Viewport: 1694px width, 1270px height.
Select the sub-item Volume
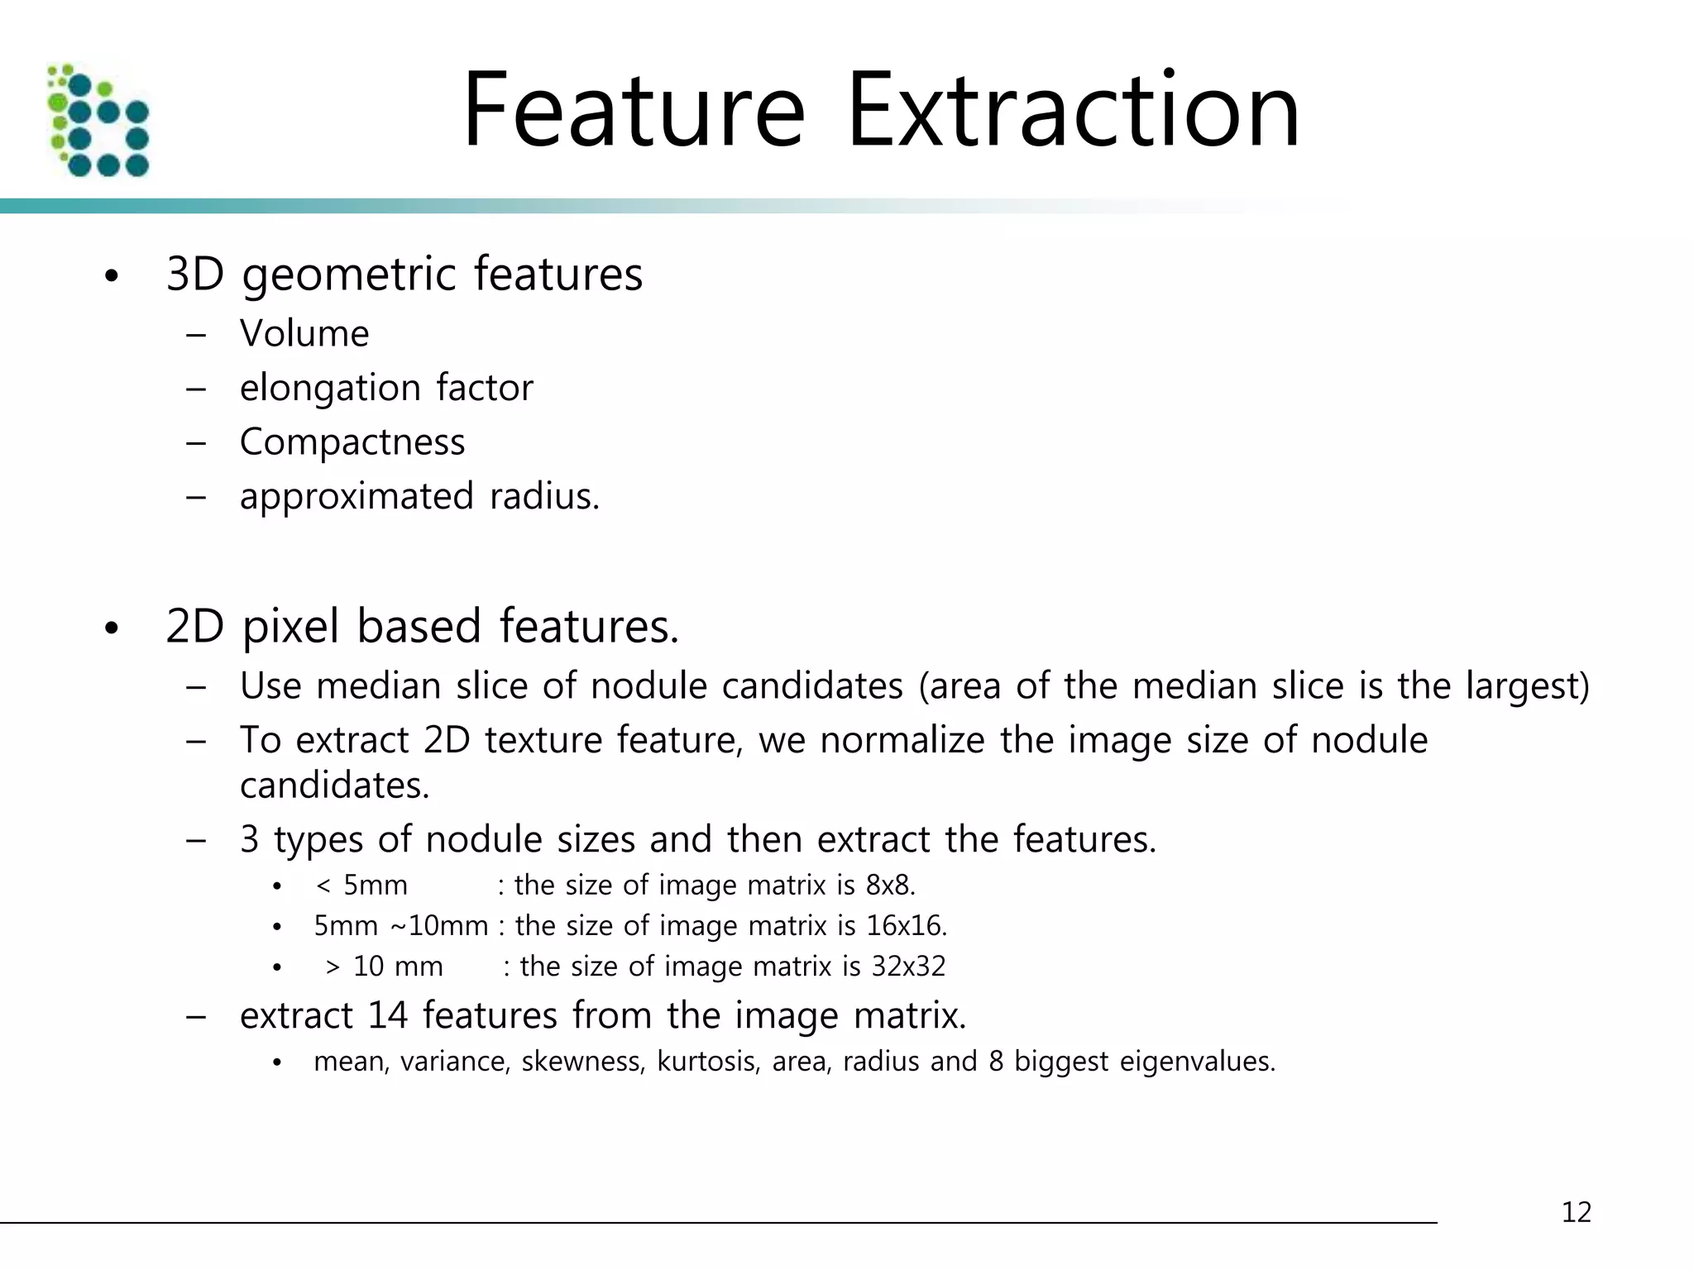[x=304, y=334]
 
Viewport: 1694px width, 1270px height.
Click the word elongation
[x=330, y=389]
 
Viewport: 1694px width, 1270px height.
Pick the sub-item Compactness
[x=352, y=442]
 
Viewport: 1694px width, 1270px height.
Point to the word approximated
[x=357, y=497]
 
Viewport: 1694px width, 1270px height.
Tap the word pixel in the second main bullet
[x=290, y=627]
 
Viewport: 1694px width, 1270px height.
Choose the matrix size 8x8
[x=889, y=886]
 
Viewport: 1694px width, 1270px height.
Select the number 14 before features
[x=388, y=1016]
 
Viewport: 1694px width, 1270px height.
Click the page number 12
[x=1576, y=1212]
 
